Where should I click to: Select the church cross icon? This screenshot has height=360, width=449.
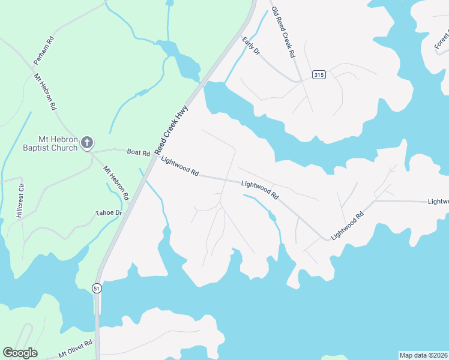tap(87, 143)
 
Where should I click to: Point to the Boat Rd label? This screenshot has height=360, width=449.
tap(138, 152)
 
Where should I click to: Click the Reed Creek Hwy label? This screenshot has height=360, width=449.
tap(173, 128)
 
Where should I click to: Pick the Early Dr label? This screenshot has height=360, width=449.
tap(251, 46)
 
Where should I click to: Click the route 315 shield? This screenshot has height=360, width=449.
tap(319, 74)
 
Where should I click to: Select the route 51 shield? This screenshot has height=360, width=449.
tap(97, 289)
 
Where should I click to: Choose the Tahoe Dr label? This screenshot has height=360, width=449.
tap(109, 213)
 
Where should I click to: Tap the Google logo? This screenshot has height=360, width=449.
tap(20, 353)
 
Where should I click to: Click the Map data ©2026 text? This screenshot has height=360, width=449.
tap(423, 355)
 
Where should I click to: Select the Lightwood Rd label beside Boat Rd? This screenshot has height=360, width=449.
tap(179, 166)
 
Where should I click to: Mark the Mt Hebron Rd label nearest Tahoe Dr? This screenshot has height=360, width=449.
tap(116, 183)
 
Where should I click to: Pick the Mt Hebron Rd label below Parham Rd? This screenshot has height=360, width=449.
tap(45, 91)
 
